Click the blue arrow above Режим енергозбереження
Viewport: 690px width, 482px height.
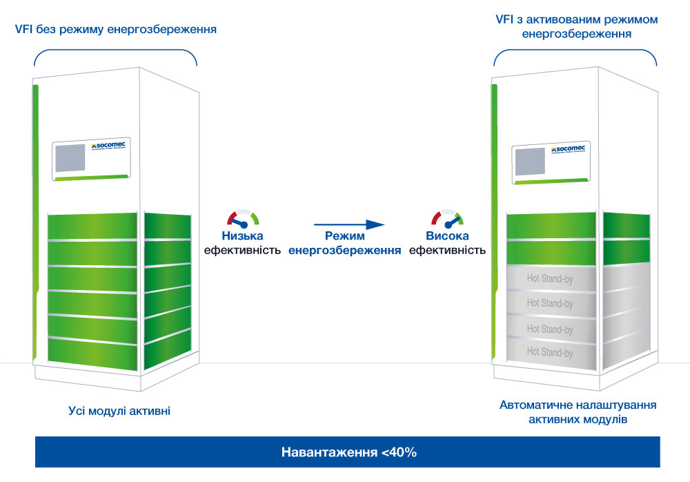(x=348, y=224)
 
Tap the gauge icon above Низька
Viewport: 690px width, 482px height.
(x=244, y=219)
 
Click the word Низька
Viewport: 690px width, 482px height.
(x=243, y=236)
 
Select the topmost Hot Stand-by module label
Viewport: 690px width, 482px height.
(x=550, y=280)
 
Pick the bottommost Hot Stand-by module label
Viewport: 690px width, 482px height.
(x=550, y=352)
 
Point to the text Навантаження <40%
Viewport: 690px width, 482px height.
(x=348, y=453)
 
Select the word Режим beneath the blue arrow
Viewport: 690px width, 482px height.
(x=345, y=236)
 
